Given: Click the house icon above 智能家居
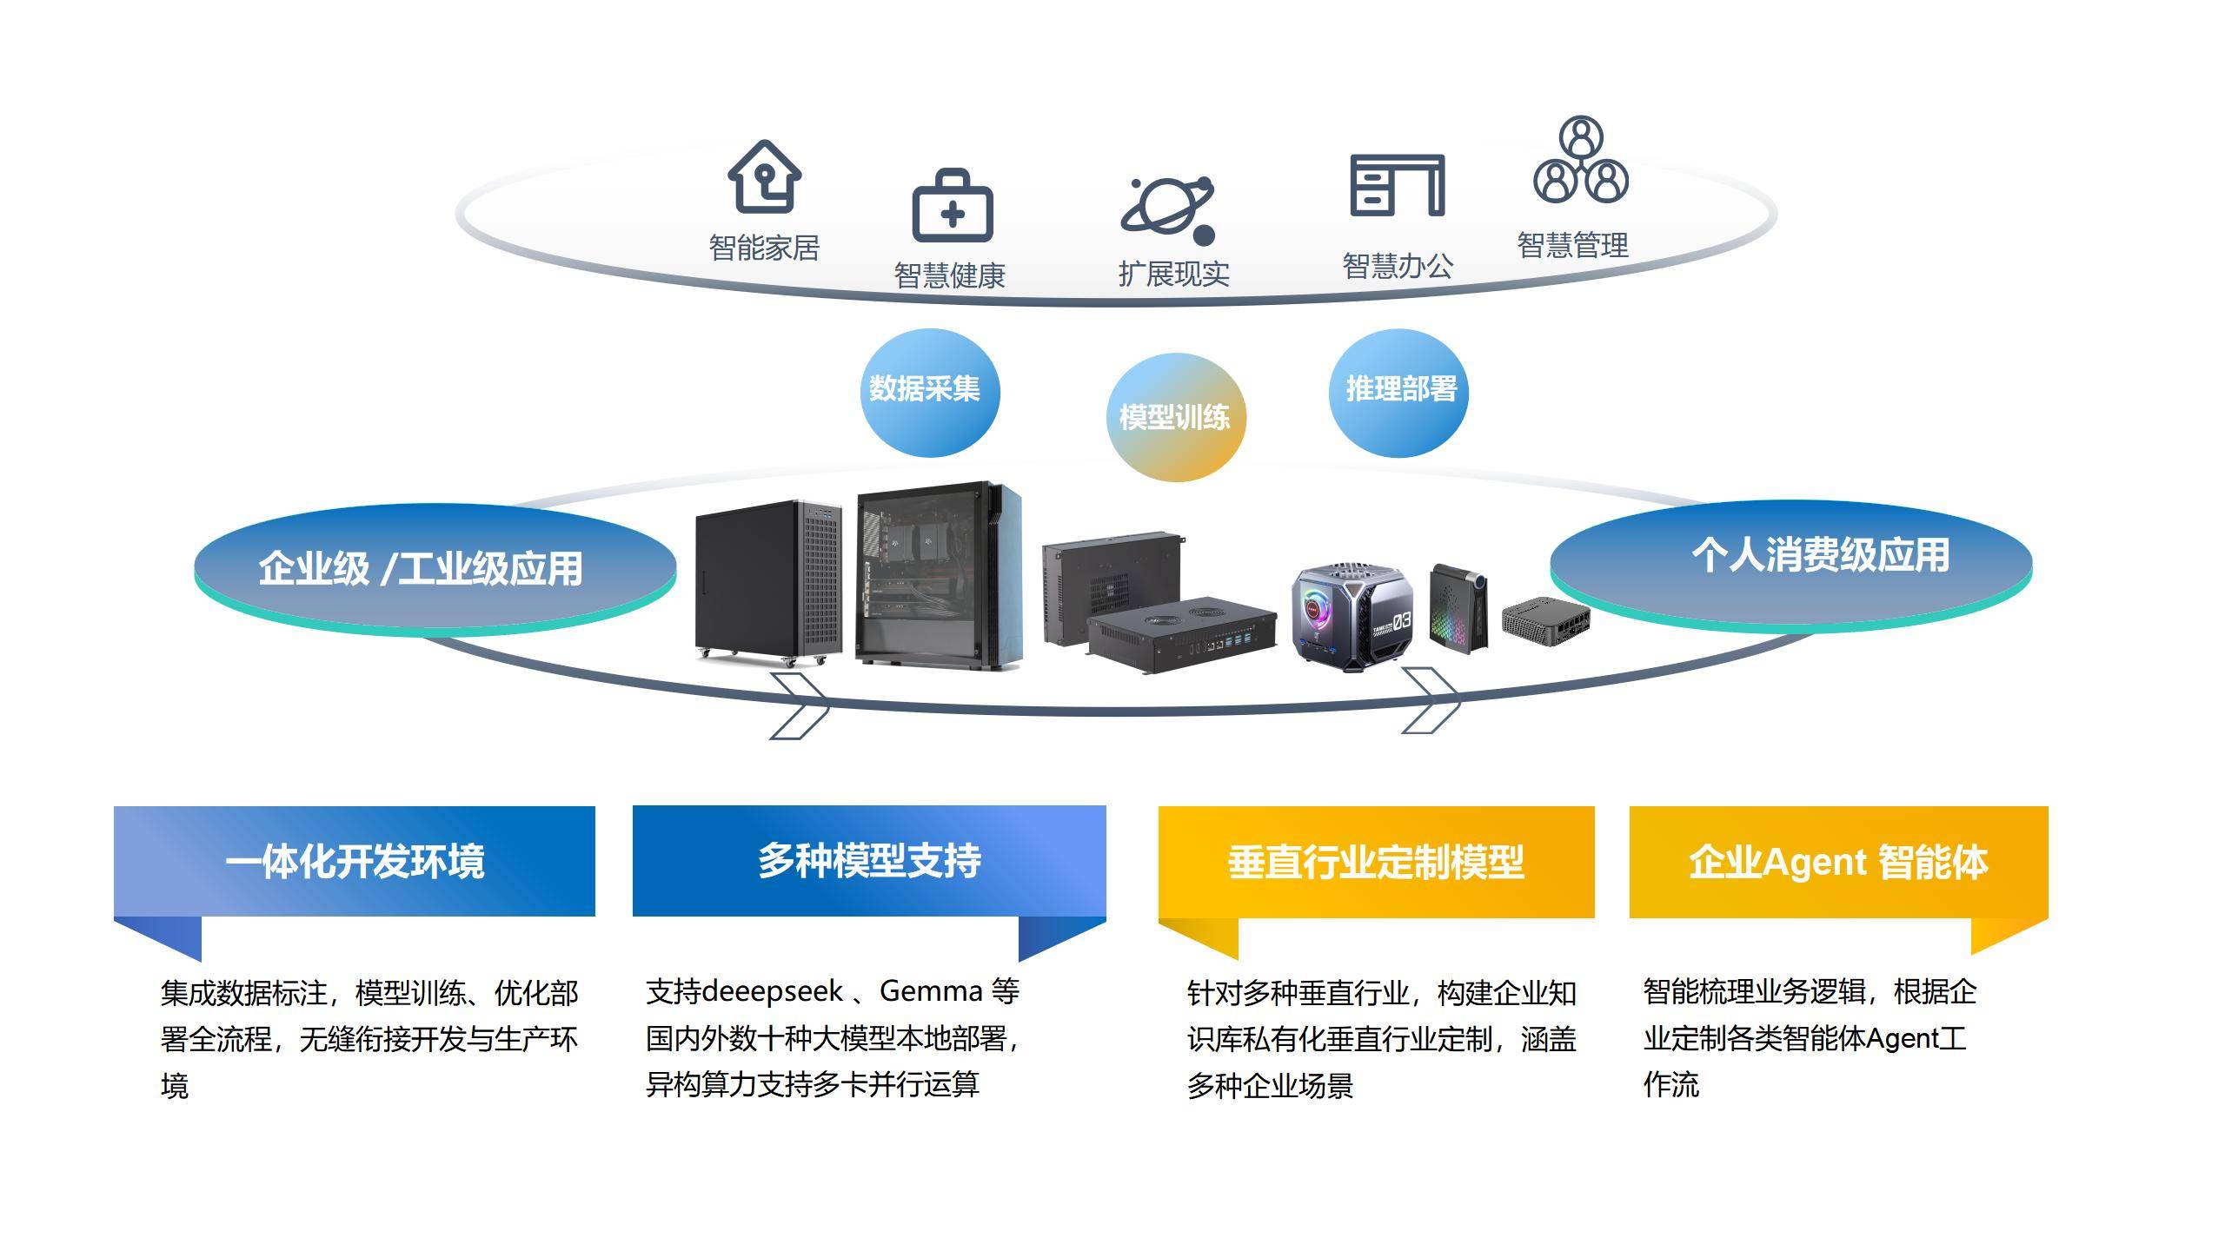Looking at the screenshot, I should click(764, 176).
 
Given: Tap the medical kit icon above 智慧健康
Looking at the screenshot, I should click(952, 206).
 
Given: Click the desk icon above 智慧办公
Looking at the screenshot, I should click(1397, 184).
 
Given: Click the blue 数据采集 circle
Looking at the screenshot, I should click(928, 392).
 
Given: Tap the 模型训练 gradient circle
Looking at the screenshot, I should click(1175, 418).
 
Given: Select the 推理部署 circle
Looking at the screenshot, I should click(1399, 392).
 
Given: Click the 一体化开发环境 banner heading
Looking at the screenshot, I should click(355, 861).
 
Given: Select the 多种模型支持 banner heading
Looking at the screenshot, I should click(869, 861).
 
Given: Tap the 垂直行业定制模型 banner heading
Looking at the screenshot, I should click(1376, 862).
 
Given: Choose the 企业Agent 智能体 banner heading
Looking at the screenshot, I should click(1838, 862).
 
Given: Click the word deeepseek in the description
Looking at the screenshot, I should click(772, 991).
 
